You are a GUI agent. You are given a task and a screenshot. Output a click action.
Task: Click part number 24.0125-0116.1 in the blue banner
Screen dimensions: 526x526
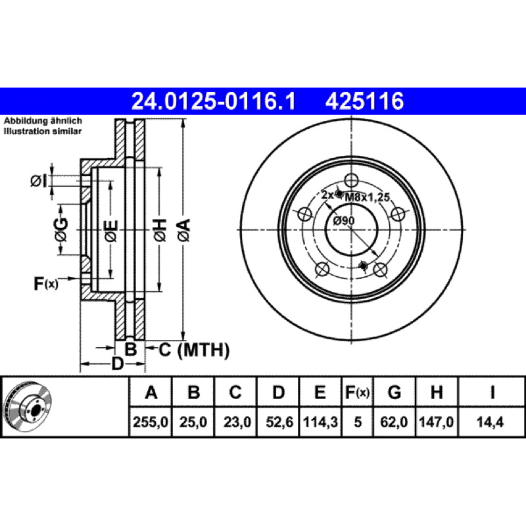(x=214, y=101)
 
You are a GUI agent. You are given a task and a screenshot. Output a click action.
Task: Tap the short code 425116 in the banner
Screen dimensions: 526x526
(x=364, y=101)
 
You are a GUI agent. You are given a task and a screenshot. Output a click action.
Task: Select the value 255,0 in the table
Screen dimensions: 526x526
(x=151, y=422)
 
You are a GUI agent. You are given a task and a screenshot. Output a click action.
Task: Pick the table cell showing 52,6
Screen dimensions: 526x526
(x=279, y=422)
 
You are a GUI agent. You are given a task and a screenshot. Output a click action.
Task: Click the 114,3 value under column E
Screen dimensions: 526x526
(x=320, y=422)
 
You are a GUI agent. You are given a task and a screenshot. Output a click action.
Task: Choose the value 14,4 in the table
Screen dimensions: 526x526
(x=490, y=422)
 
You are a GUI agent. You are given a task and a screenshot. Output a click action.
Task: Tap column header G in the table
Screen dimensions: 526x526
(x=394, y=392)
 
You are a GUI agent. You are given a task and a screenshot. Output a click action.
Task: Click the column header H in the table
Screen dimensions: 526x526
(x=437, y=392)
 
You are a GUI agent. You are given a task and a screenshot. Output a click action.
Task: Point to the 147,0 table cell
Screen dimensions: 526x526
(x=437, y=422)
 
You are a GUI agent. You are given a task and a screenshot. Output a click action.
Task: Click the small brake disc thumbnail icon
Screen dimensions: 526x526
(x=28, y=407)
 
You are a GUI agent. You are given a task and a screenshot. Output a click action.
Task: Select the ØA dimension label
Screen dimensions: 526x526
(x=184, y=230)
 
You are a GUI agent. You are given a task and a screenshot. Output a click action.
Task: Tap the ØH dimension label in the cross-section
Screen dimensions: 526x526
(x=160, y=230)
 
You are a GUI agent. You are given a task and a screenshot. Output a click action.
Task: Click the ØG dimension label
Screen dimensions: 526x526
(x=61, y=230)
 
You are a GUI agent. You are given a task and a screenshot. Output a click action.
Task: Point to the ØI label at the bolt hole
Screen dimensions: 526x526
(x=38, y=181)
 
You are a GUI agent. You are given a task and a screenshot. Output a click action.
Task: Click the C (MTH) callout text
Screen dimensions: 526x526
(x=194, y=350)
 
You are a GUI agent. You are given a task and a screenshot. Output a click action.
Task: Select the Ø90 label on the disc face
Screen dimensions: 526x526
(x=344, y=221)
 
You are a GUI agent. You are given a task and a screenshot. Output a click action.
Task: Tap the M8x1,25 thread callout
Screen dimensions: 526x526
(x=368, y=197)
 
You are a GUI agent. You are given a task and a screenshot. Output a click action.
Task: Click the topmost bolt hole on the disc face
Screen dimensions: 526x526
(x=351, y=180)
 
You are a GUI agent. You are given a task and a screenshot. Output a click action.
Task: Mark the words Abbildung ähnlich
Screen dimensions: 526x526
(x=43, y=121)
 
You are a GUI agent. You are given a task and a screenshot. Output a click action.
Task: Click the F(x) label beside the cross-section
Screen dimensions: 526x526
(x=46, y=284)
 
